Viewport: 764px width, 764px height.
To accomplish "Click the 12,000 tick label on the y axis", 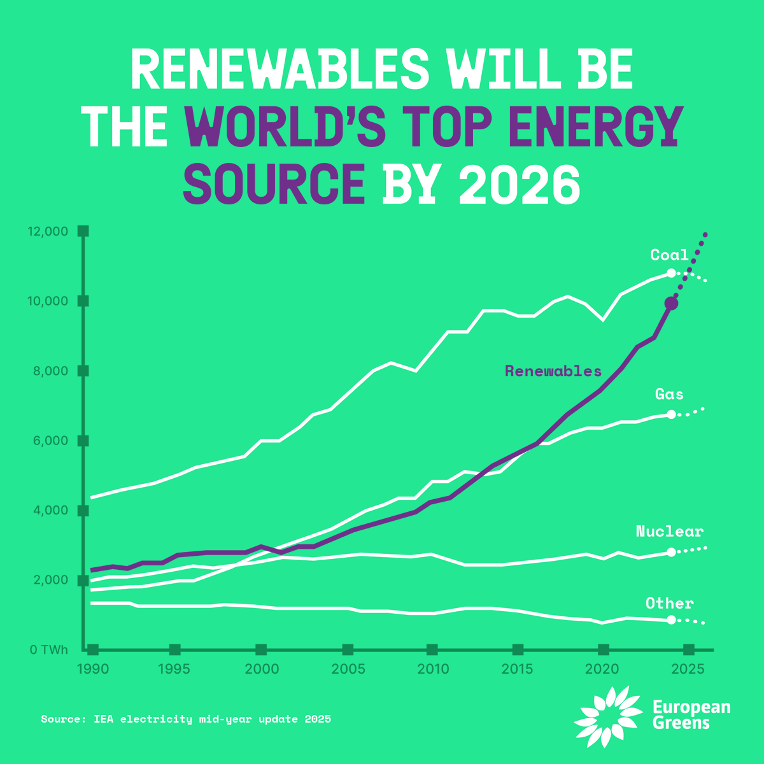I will coord(48,231).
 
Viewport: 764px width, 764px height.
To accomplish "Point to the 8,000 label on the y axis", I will coord(50,371).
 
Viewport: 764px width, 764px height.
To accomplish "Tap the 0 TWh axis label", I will coord(48,650).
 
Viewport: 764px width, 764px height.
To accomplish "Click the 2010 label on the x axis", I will coord(433,669).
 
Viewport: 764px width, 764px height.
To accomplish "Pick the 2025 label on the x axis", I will coord(688,669).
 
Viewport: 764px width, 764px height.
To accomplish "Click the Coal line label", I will coord(669,255).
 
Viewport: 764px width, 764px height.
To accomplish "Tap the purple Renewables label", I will coord(553,371).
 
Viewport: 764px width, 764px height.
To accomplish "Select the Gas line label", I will coord(670,395).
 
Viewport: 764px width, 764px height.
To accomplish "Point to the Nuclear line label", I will coord(670,532).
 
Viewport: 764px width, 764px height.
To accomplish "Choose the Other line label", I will coord(670,604).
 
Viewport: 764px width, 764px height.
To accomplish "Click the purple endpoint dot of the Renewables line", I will coord(671,304).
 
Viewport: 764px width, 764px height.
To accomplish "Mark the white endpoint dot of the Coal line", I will coord(671,273).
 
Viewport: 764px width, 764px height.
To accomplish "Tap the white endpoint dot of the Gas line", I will coord(671,414).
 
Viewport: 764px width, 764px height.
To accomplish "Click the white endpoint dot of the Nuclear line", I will coord(671,552).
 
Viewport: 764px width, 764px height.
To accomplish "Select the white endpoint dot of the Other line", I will coord(671,619).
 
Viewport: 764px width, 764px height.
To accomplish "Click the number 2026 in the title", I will coord(519,185).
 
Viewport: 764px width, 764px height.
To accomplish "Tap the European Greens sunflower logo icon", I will coord(608,716).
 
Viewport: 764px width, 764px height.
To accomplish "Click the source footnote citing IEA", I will coord(186,719).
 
